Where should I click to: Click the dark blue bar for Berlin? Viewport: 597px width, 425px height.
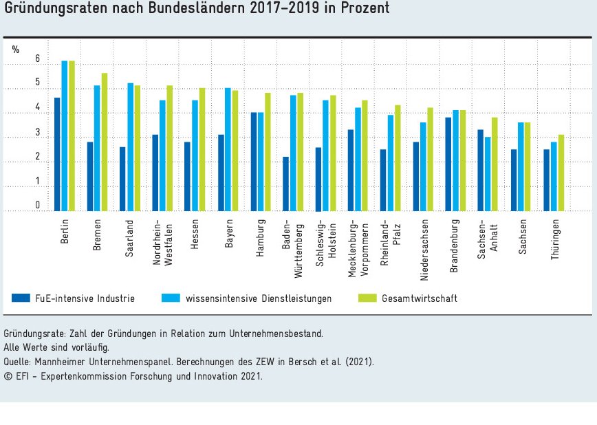point(57,154)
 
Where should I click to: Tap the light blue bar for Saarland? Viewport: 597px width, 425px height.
point(129,147)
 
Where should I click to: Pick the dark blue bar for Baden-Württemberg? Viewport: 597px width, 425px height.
point(285,184)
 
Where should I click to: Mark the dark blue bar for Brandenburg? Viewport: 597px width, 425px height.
point(448,164)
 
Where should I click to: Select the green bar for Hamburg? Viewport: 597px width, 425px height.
point(267,152)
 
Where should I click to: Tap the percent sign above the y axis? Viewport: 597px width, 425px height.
point(15,49)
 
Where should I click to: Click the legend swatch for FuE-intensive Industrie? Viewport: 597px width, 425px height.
point(21,298)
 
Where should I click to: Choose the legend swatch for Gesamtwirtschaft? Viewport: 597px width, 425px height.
point(369,298)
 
